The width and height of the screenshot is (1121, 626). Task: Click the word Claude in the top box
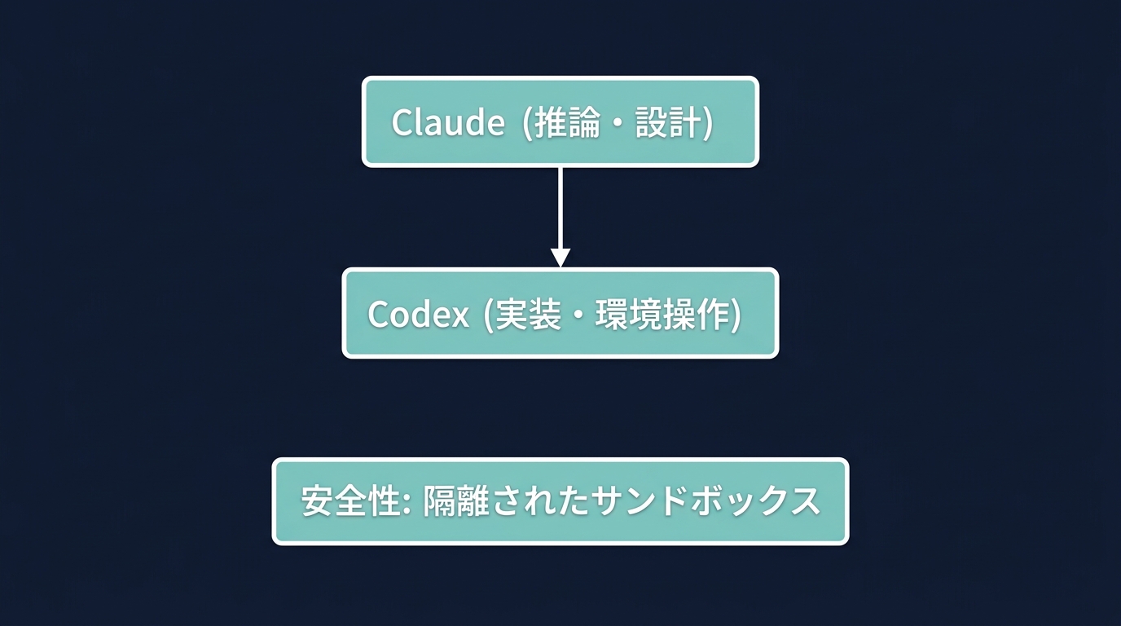(447, 122)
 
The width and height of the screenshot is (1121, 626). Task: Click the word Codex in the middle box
(418, 314)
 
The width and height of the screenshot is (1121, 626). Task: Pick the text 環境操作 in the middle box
(662, 314)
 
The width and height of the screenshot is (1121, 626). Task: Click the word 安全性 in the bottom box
(349, 501)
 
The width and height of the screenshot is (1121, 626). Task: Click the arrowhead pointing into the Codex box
(560, 257)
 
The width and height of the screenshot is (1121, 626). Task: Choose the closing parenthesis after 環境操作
(736, 315)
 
